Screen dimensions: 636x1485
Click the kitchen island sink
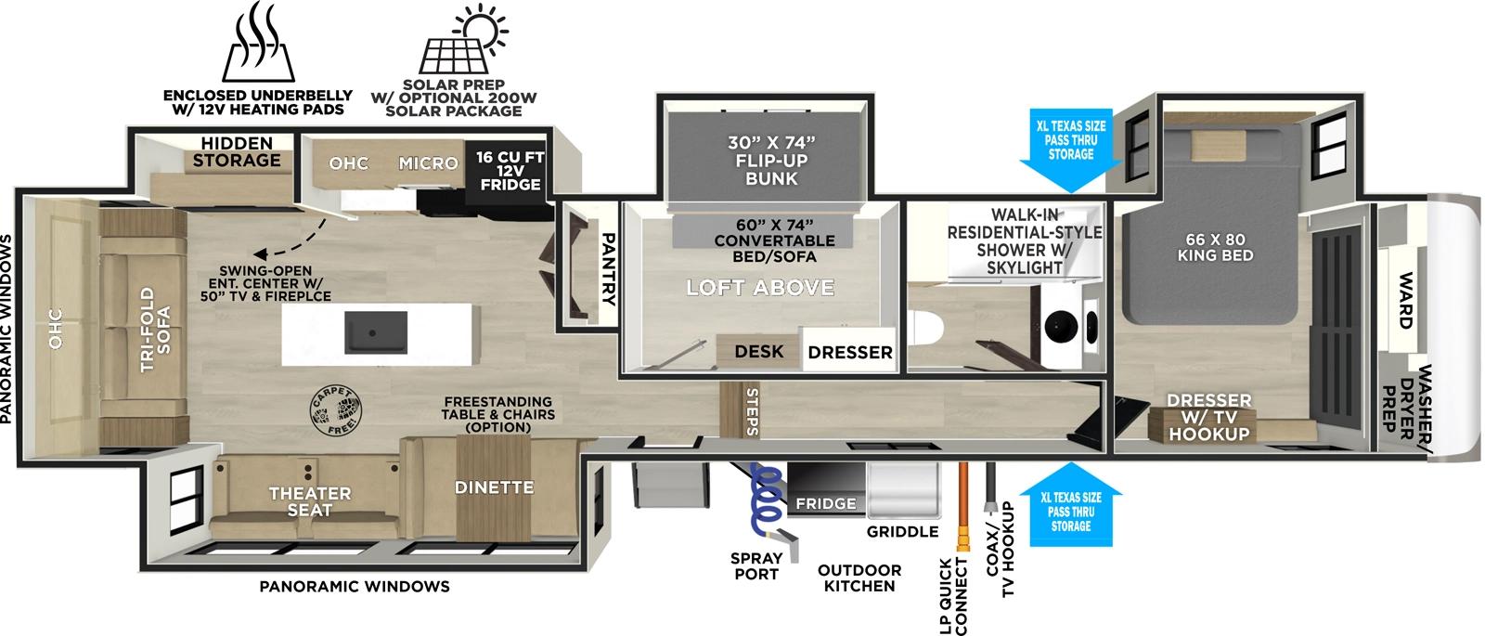tap(376, 328)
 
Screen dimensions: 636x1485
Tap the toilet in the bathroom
tap(923, 327)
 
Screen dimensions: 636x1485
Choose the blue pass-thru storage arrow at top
tap(1071, 148)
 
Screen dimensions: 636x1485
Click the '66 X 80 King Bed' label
tap(1215, 246)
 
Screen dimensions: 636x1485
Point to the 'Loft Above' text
tap(760, 288)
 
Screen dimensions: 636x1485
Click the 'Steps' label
tap(752, 411)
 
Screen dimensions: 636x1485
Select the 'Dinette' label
tap(494, 487)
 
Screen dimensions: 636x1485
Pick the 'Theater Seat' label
tap(310, 502)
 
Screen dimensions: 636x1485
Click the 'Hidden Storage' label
tap(238, 151)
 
